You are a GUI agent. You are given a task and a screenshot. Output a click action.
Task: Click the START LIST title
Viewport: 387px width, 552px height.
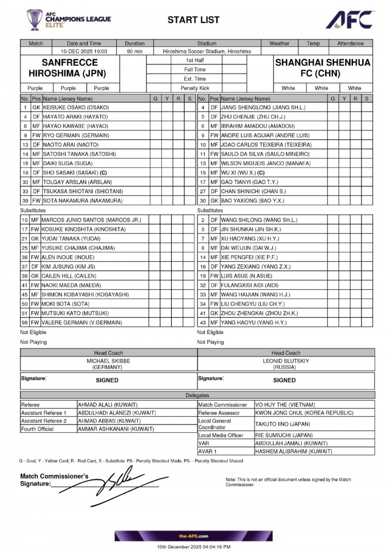193,20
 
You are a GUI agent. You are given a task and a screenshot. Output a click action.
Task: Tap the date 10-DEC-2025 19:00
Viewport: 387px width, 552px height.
84,52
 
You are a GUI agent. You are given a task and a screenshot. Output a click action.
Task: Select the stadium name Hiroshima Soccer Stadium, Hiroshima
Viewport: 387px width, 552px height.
206,52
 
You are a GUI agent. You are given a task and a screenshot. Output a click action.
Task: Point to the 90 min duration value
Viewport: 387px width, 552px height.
135,52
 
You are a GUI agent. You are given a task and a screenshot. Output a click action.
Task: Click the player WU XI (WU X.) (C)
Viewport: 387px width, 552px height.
243,172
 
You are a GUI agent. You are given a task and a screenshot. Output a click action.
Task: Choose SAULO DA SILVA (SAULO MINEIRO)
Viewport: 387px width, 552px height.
265,154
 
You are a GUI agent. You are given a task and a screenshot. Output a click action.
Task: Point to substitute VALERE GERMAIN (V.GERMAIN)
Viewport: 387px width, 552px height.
82,323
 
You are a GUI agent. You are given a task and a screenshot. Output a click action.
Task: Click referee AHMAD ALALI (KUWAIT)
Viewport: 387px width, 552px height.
107,405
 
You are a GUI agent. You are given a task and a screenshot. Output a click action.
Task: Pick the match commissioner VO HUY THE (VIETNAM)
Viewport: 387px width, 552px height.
285,405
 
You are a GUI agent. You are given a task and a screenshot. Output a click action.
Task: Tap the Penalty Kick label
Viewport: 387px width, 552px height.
195,88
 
